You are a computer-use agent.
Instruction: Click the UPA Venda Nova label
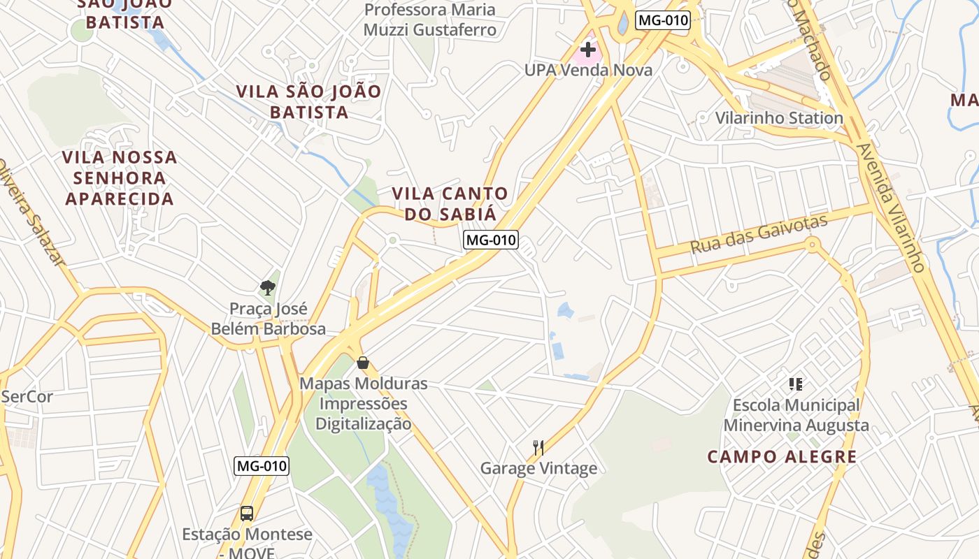click(x=588, y=70)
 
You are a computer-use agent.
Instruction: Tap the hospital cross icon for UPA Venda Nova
click(x=588, y=50)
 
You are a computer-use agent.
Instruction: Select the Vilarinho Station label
click(x=779, y=117)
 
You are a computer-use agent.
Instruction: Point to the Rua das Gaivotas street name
click(x=758, y=234)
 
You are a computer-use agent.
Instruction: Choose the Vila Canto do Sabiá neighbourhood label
click(x=450, y=203)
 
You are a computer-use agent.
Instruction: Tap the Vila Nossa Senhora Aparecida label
click(x=120, y=177)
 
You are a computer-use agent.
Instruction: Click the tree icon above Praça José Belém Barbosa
click(x=267, y=287)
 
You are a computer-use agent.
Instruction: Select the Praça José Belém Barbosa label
click(x=269, y=319)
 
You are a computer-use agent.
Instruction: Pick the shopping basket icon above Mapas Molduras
click(x=362, y=363)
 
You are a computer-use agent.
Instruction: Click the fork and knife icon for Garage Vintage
click(x=538, y=448)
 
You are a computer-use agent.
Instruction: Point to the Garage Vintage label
click(x=538, y=468)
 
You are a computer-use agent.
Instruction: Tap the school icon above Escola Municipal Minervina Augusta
click(x=795, y=384)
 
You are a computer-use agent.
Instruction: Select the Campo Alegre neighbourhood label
click(x=782, y=457)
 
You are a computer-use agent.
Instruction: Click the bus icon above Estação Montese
click(x=247, y=514)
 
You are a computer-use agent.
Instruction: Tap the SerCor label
click(x=27, y=397)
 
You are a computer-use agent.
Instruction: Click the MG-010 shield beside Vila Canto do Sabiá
click(x=491, y=240)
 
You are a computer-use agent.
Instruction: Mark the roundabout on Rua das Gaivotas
click(x=812, y=245)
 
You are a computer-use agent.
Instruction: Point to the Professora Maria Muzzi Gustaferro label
click(x=430, y=20)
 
